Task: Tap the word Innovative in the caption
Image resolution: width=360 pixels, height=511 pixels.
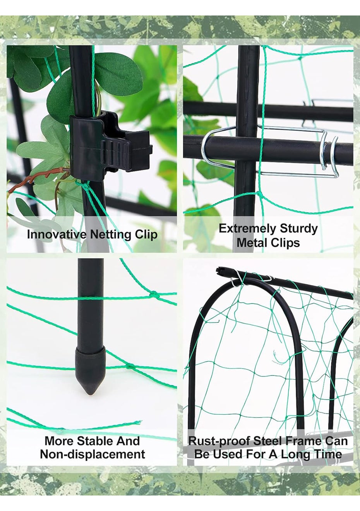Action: [x=57, y=234]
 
